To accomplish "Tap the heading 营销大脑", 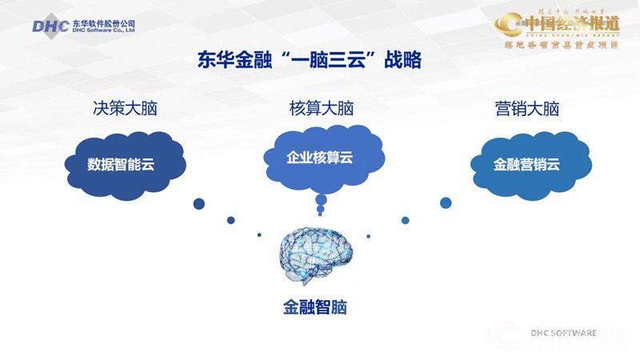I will coord(526,109).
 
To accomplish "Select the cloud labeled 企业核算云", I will coord(320,157).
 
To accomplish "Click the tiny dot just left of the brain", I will coord(259,234).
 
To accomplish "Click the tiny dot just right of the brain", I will coord(368,235).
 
